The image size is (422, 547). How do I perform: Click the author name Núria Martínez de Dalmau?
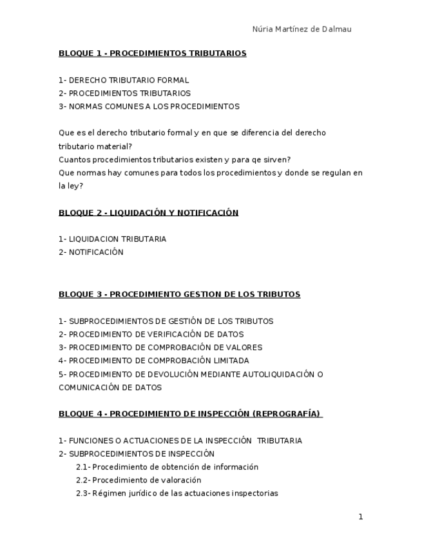click(302, 29)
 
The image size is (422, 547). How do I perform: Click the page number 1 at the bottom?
click(361, 517)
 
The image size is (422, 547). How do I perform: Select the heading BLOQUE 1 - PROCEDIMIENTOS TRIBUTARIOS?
click(152, 54)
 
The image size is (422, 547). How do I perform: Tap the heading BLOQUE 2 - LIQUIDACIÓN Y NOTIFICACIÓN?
click(148, 213)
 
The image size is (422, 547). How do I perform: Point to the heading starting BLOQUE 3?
click(179, 295)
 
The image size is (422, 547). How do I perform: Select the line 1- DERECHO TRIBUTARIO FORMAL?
click(124, 81)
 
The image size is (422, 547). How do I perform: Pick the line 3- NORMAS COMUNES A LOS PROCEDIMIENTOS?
click(149, 106)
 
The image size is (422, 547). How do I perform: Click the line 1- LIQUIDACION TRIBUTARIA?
click(112, 239)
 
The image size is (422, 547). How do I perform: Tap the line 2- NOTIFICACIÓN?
click(91, 252)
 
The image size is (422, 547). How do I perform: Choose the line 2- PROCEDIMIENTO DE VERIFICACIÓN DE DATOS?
click(151, 335)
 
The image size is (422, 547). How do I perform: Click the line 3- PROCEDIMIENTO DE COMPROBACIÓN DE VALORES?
click(160, 348)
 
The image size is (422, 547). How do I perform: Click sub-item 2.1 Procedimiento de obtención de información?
click(167, 467)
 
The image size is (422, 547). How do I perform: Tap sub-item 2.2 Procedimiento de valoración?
click(139, 480)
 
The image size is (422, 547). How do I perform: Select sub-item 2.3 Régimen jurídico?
click(177, 493)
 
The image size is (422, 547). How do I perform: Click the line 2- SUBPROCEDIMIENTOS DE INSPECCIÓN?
click(137, 454)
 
